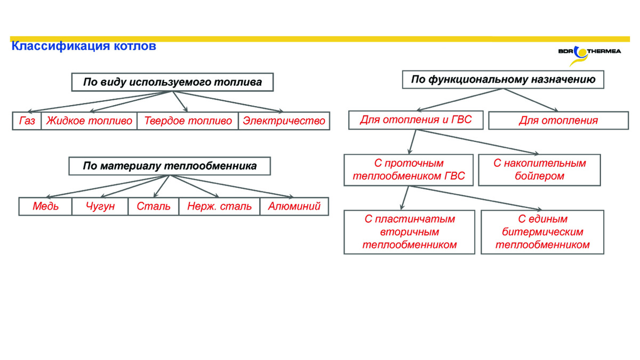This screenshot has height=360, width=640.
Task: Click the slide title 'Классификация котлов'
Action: [x=84, y=46]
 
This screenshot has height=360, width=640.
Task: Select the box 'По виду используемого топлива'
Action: [x=172, y=82]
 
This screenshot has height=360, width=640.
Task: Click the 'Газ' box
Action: [x=27, y=121]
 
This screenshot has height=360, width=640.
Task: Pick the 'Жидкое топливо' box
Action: [x=89, y=121]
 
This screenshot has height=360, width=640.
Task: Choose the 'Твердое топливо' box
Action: [x=188, y=121]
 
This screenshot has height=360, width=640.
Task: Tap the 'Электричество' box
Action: [x=284, y=121]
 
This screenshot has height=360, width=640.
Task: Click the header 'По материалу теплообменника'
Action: [x=170, y=166]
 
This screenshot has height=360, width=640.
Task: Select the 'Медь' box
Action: [x=45, y=206]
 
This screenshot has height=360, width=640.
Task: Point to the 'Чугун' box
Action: [x=100, y=206]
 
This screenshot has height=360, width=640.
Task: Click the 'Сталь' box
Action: [x=154, y=206]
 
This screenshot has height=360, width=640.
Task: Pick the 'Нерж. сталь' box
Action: [x=219, y=206]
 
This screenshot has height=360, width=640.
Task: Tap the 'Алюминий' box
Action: [x=294, y=206]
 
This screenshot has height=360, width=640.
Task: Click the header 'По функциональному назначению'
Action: [x=503, y=79]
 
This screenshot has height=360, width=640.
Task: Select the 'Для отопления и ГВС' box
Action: [x=416, y=120]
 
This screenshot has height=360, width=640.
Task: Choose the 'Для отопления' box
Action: [x=558, y=121]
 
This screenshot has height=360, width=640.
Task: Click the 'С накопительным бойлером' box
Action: [x=539, y=170]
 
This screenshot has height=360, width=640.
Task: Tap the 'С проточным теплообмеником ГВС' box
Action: [x=409, y=170]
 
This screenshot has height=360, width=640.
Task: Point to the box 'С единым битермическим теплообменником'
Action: [x=542, y=232]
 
